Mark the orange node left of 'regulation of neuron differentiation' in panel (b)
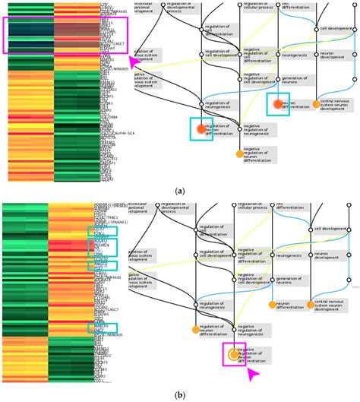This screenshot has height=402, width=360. pos(201,328)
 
